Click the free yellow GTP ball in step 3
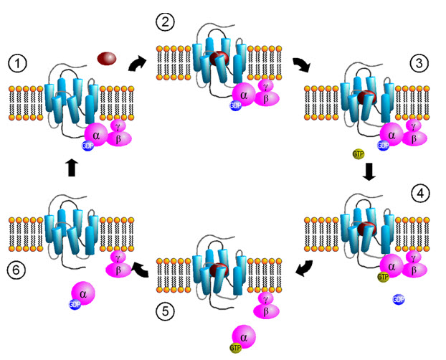[x=357, y=153]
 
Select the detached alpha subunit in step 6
[x=83, y=293]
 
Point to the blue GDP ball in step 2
[x=234, y=106]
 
